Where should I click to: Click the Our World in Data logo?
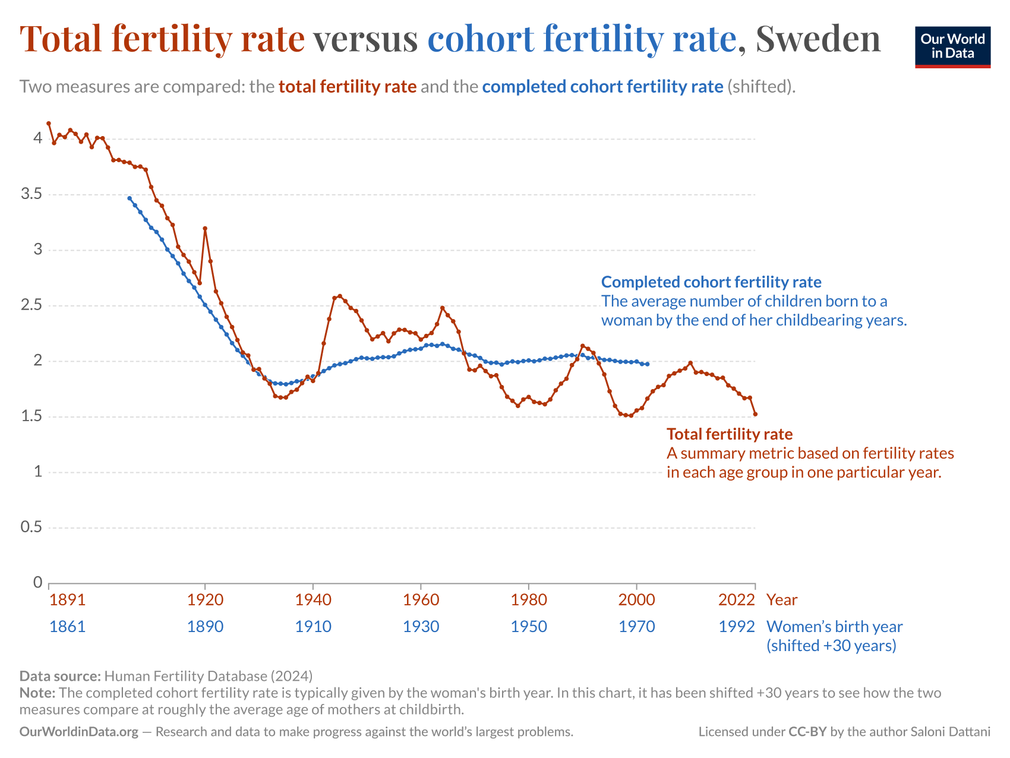coord(952,46)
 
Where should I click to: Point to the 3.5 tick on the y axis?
coord(30,194)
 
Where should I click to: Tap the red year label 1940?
coord(313,599)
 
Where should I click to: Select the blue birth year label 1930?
coord(421,626)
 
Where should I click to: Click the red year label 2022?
coord(736,599)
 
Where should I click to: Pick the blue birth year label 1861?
coord(67,626)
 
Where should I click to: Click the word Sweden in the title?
coord(818,39)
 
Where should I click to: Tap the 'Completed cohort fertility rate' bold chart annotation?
coord(711,282)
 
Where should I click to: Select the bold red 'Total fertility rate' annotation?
coord(729,434)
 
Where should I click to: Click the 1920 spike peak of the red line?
coord(205,228)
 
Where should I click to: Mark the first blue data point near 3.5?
coord(130,198)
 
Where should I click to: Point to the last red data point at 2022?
coord(755,414)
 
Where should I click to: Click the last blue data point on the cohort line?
coord(647,364)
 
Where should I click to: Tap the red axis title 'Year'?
coord(782,599)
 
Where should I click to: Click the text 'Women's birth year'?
coord(834,626)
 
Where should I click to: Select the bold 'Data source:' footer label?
coord(60,675)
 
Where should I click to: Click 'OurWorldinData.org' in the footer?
coord(78,732)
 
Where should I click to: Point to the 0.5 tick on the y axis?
coord(30,527)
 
